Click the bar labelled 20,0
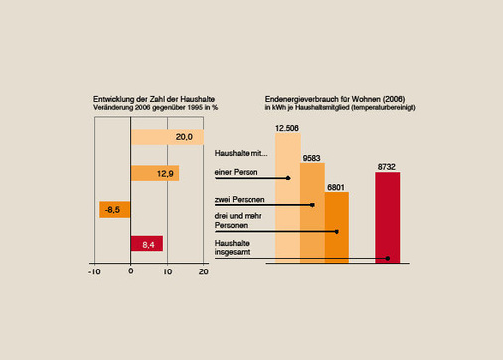coord(167,137)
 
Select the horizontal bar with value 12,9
coord(154,173)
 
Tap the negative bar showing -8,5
coord(115,210)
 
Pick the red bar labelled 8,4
coord(146,243)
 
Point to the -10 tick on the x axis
coord(94,270)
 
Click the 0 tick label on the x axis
coord(131,270)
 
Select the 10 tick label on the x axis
coord(167,270)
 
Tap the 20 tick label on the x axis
coord(203,270)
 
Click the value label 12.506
coord(288,126)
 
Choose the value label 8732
coord(388,167)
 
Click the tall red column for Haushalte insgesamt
coord(388,214)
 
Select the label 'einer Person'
coord(235,173)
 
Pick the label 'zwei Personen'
coord(237,199)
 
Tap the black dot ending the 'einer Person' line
coord(288,178)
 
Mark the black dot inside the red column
coord(387,258)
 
